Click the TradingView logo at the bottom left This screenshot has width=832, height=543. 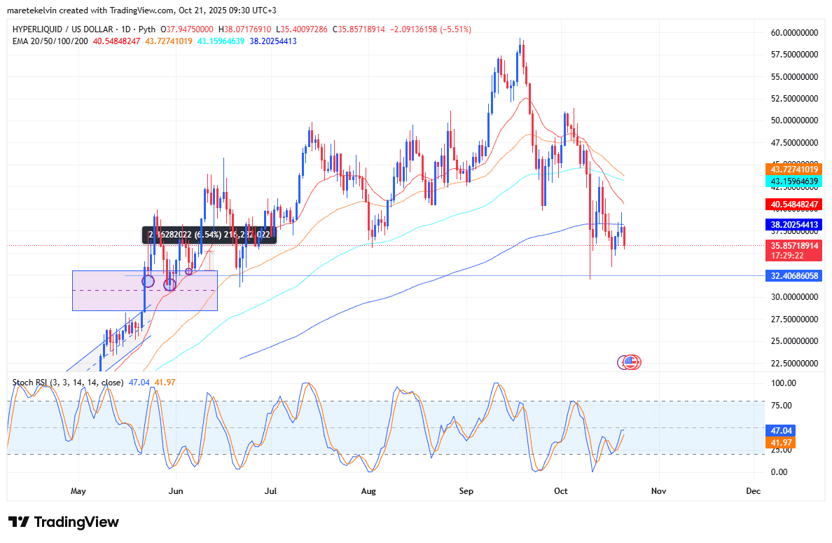(64, 522)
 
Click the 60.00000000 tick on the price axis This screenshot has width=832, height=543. (790, 32)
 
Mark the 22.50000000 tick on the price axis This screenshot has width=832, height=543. (790, 363)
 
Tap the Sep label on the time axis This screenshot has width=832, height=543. (467, 491)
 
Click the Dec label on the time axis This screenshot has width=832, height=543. (753, 491)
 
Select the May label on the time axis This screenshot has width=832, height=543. (78, 491)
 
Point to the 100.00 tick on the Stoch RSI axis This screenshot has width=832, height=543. (782, 383)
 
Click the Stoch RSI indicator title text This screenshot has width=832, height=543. (67, 383)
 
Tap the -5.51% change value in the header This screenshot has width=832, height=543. (455, 29)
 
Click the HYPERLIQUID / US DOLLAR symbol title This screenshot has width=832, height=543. (64, 29)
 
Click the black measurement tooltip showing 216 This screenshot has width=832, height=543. (209, 235)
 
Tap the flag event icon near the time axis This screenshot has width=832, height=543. (629, 362)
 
